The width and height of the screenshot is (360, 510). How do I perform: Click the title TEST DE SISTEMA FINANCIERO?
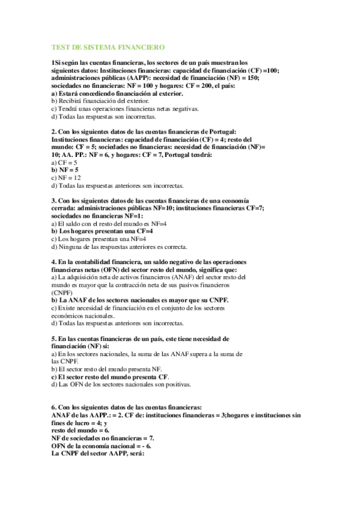[x=108, y=46]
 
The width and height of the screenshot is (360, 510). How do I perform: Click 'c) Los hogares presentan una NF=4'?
[x=100, y=239]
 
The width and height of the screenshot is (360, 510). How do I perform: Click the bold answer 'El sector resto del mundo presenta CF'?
[x=110, y=376]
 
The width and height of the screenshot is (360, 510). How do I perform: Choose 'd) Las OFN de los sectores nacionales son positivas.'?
[x=121, y=384]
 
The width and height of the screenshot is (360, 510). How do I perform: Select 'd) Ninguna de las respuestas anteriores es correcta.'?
[x=120, y=247]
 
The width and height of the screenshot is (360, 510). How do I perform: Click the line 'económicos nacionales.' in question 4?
[x=82, y=315]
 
